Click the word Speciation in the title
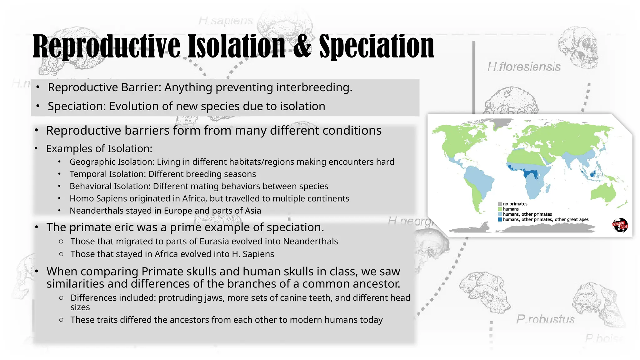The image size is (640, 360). pyautogui.click(x=376, y=47)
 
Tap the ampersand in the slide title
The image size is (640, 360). pyautogui.click(x=302, y=47)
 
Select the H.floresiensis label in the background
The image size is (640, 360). pyautogui.click(x=524, y=67)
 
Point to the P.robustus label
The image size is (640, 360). pyautogui.click(x=545, y=319)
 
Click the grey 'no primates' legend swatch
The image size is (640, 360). pyautogui.click(x=500, y=204)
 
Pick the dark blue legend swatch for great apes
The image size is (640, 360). pyautogui.click(x=500, y=220)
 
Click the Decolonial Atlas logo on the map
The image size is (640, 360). pyautogui.click(x=620, y=225)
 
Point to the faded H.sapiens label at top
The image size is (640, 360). pyautogui.click(x=226, y=21)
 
